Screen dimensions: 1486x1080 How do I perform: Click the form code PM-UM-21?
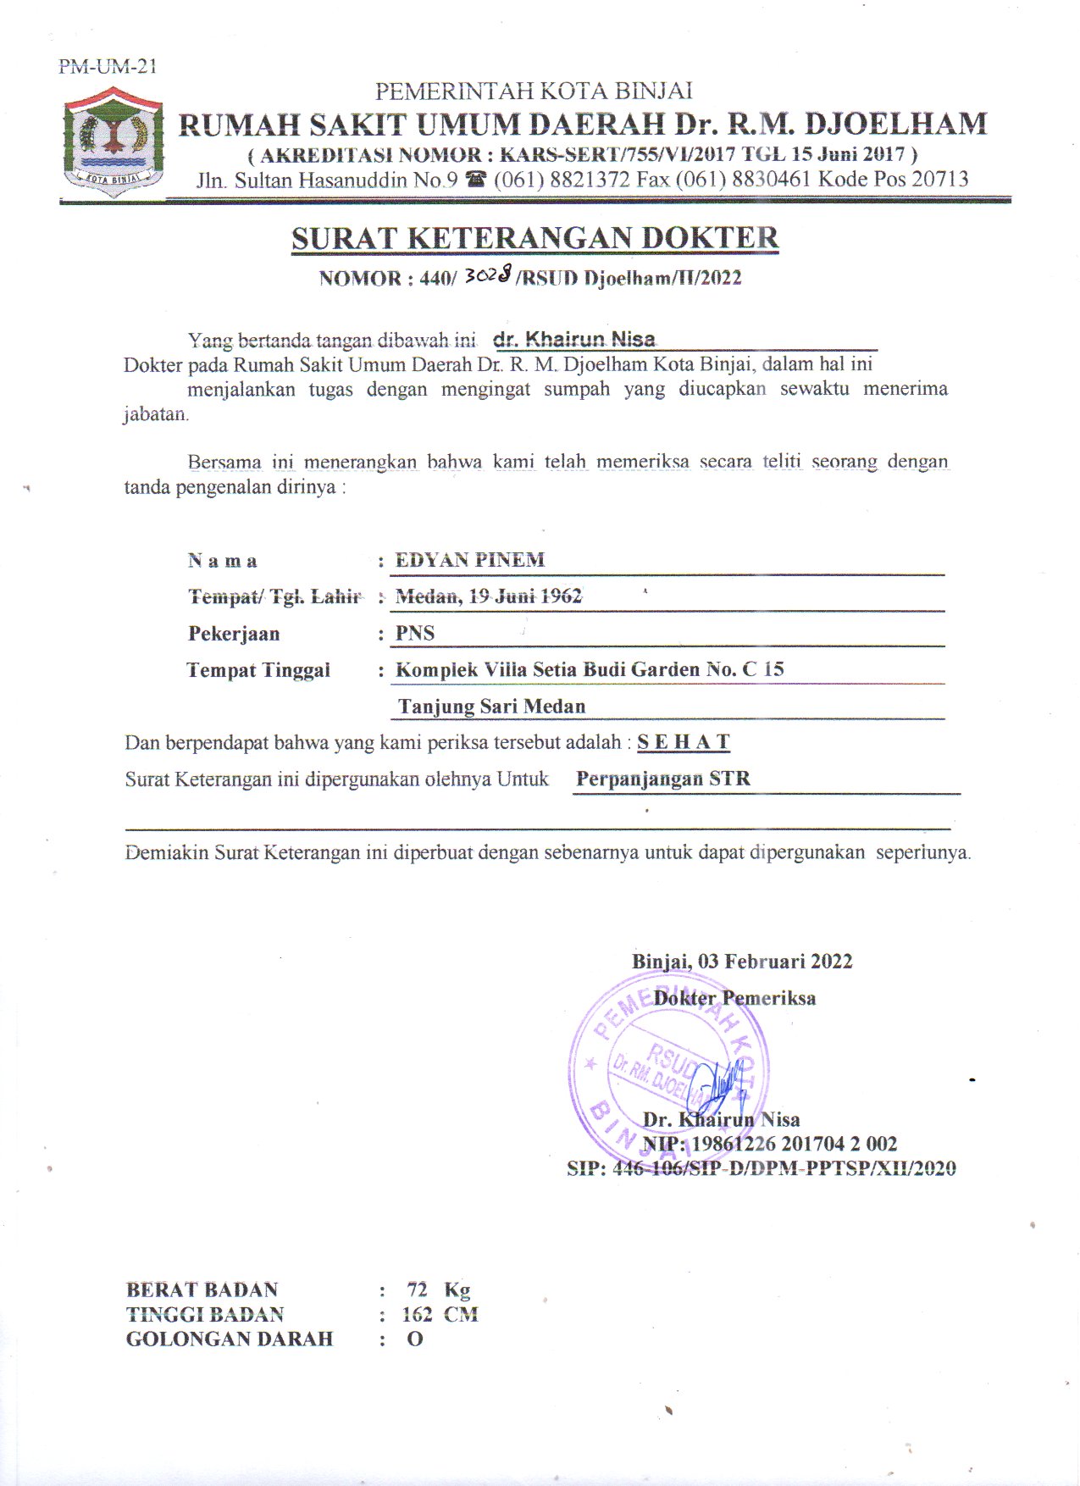click(x=108, y=66)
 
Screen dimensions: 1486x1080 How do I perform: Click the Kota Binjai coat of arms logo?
click(x=114, y=143)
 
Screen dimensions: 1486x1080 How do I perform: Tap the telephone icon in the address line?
click(x=476, y=180)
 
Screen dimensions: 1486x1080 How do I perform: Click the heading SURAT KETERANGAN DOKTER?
click(x=534, y=238)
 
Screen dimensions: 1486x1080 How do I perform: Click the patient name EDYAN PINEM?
click(x=470, y=560)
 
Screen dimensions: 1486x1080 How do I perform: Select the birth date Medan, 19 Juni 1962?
click(x=489, y=596)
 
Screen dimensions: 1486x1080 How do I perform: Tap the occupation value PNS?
click(x=415, y=634)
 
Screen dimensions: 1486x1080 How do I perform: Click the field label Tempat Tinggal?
click(x=258, y=670)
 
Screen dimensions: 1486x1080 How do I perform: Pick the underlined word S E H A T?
click(x=684, y=742)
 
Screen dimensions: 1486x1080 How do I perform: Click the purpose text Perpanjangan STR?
click(x=663, y=779)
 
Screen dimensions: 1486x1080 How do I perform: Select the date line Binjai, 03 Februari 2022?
click(x=742, y=962)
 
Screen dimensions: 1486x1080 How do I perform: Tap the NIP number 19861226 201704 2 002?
click(x=795, y=1144)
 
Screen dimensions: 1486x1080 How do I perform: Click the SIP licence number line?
click(x=761, y=1169)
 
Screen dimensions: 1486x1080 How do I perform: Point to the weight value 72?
click(x=417, y=1289)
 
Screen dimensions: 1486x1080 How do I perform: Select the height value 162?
click(x=417, y=1315)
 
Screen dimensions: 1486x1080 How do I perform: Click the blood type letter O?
click(x=414, y=1339)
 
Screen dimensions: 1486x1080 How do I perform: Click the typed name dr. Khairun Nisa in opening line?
click(x=574, y=340)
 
